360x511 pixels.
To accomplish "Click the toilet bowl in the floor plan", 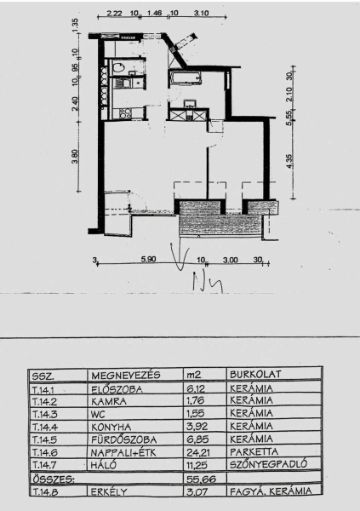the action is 118,67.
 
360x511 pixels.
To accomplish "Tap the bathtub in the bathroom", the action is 185,78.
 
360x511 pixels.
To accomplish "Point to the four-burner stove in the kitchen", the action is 125,113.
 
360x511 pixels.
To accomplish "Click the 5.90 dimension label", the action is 148,260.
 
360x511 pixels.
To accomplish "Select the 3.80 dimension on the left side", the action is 75,157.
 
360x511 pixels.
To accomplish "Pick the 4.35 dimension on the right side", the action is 289,161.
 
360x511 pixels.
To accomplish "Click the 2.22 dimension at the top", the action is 114,14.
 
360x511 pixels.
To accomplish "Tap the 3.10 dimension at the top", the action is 201,14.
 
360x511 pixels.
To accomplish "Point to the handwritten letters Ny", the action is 208,282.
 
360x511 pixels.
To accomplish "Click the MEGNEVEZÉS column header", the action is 126,375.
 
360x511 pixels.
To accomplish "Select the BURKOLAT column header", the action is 255,374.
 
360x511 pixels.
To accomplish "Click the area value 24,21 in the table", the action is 197,452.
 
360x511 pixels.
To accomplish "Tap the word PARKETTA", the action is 254,452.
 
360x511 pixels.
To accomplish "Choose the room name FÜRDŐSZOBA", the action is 123,439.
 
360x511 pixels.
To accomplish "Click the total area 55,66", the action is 201,479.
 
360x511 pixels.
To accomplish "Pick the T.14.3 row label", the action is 44,414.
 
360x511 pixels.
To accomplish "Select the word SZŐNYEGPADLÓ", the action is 268,464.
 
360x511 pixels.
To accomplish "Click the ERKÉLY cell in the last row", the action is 109,491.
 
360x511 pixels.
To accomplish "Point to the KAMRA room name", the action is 109,401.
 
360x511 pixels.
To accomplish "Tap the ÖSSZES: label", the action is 53,479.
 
